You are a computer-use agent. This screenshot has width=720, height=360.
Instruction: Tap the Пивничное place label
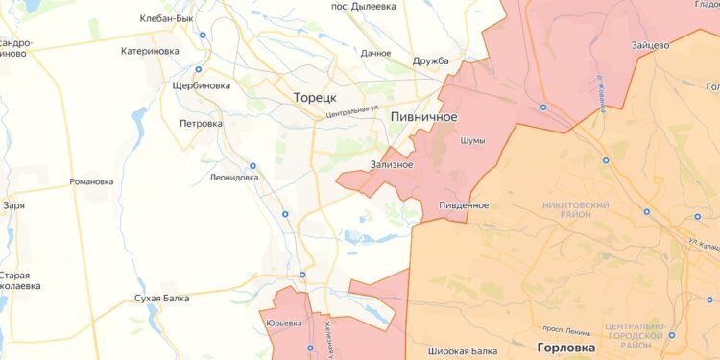click(x=423, y=116)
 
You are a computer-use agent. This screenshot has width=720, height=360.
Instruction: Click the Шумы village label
click(x=473, y=141)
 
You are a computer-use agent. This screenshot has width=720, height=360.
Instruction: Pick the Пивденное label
click(x=464, y=205)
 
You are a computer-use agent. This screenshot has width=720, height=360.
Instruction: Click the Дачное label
click(x=376, y=54)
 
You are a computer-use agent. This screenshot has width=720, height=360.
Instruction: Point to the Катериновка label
click(x=151, y=52)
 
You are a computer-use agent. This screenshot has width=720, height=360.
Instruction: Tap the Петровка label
click(x=201, y=123)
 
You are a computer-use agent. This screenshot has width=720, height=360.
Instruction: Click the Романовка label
click(x=91, y=181)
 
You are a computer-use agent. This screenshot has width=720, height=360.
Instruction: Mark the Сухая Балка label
click(x=160, y=299)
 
